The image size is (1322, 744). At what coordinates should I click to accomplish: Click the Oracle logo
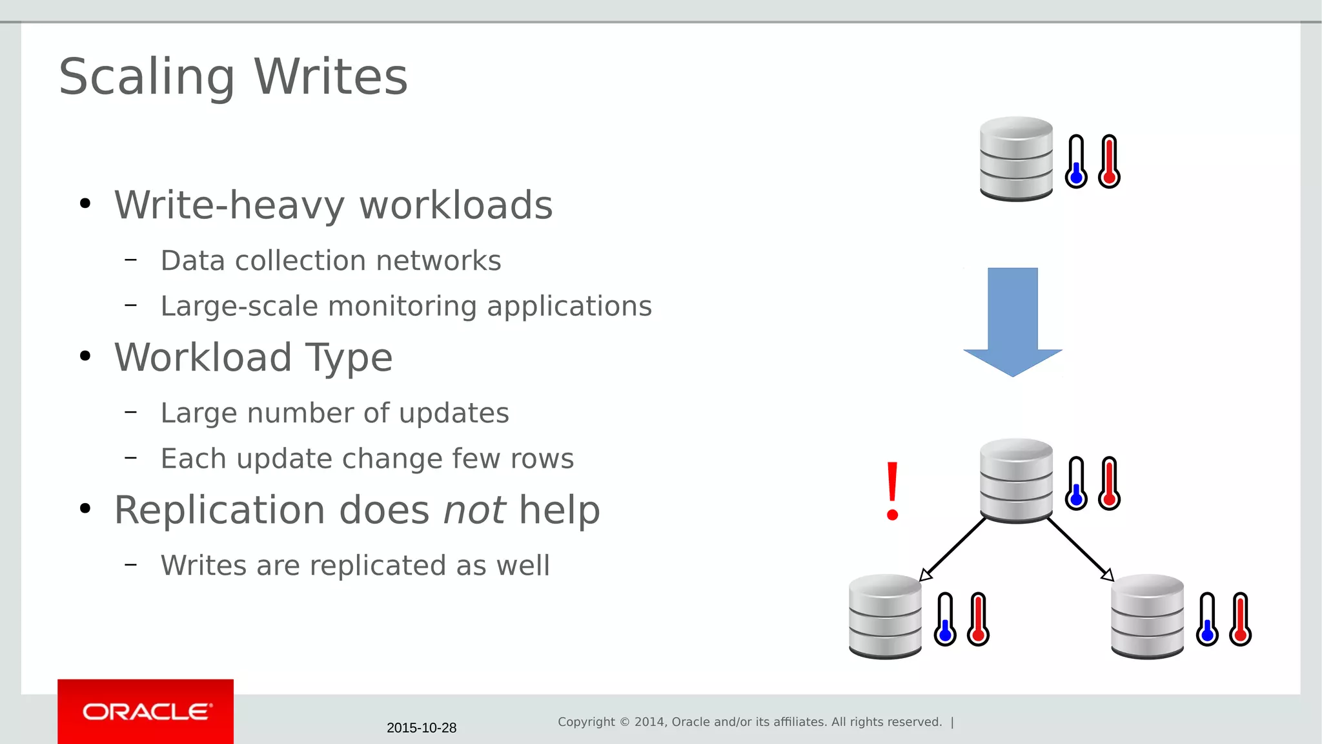coord(146,712)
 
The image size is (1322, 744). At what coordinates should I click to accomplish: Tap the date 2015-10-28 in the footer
coord(422,728)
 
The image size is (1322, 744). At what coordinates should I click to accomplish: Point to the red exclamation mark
coord(893,491)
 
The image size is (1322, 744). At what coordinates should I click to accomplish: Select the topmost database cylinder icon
coord(1016,159)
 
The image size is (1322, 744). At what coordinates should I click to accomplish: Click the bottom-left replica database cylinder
coord(885,616)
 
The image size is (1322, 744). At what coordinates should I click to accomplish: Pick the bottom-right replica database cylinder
coord(1147,616)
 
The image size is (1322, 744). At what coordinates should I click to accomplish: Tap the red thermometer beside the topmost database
coord(1109,161)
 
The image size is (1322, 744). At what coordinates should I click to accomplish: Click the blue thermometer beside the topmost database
coord(1076,161)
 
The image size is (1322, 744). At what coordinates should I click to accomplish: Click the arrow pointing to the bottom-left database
coord(953,549)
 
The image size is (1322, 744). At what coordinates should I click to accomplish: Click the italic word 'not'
coord(474,510)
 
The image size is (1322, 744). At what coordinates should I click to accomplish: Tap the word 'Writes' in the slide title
coord(330,77)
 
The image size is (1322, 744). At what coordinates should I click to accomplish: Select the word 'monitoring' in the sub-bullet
coord(414,306)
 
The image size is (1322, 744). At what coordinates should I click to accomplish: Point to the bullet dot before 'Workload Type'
coord(85,357)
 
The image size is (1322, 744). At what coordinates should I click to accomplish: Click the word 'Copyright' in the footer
coord(586,722)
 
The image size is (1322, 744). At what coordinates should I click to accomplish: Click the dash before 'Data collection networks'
coord(131,260)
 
